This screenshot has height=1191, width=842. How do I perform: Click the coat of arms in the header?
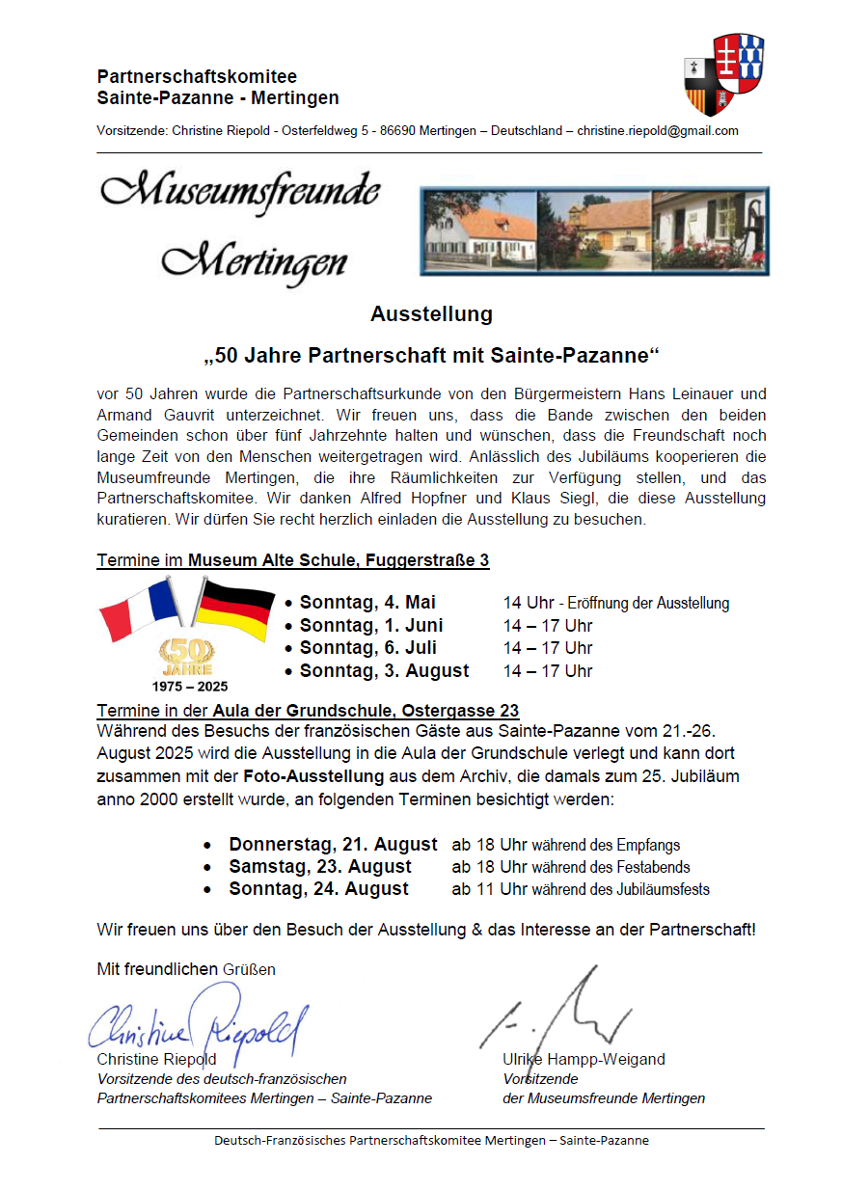pos(723,74)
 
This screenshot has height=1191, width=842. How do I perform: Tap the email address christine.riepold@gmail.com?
pos(658,131)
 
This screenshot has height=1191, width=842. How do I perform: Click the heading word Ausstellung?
pos(431,313)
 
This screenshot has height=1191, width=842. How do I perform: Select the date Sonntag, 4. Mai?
pos(367,603)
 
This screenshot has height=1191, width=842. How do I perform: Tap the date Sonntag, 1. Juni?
pos(371,625)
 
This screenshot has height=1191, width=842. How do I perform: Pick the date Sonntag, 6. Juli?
pos(367,648)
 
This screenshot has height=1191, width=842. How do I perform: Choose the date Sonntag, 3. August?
pos(384,670)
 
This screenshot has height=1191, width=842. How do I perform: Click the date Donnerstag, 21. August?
pos(333,844)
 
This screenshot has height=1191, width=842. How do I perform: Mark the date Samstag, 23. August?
pos(319,866)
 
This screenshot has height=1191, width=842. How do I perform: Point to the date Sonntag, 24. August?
pos(318,888)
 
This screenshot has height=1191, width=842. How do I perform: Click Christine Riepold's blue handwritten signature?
pos(198,1024)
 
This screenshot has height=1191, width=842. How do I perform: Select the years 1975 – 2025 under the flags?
pos(190,687)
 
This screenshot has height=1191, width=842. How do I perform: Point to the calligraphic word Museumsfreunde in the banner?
pos(241,191)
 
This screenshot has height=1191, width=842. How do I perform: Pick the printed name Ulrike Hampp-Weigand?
pos(584,1059)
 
